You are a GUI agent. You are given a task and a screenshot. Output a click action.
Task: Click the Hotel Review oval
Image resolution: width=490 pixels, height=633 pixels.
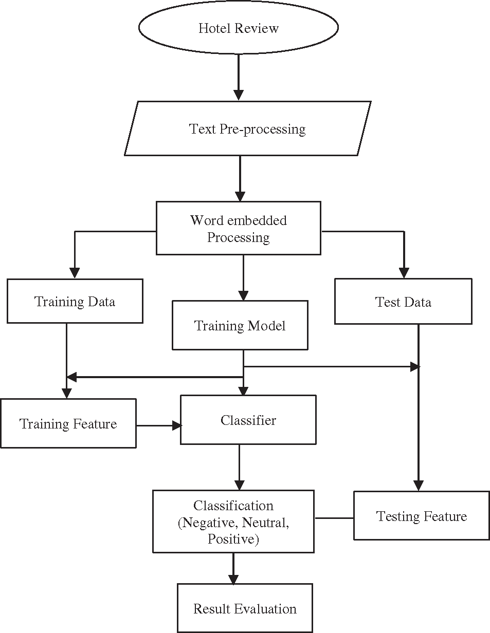coord(239,28)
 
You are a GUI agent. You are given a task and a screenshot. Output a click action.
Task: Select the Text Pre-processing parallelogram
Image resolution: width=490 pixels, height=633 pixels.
coord(247,128)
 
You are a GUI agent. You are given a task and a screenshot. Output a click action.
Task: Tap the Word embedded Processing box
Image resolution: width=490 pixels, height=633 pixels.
coord(239,229)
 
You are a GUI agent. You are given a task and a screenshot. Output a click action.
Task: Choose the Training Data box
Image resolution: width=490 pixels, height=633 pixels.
coord(75,301)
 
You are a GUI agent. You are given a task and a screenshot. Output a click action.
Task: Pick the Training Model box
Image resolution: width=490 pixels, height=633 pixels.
coord(240,326)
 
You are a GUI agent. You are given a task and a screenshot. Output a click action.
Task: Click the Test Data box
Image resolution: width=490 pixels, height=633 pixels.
coord(403,302)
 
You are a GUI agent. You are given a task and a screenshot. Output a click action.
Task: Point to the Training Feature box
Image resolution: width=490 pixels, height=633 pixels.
coord(68,424)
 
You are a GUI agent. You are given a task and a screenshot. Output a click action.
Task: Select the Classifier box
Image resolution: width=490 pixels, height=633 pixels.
coord(248,420)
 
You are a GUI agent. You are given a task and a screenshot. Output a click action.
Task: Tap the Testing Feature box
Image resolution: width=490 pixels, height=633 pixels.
coord(421,516)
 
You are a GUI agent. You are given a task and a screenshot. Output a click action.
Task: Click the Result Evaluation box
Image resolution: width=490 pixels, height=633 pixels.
coord(245,608)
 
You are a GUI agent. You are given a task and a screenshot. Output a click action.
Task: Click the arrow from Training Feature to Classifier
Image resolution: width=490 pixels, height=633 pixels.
coord(159,425)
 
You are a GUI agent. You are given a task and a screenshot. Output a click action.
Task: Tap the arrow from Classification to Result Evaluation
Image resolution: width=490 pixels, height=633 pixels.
coord(233,568)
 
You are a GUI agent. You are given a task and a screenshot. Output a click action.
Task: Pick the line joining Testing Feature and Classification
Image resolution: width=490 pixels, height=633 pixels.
coord(334,518)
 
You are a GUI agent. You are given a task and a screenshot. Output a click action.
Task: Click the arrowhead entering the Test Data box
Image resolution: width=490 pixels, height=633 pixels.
coord(404,273)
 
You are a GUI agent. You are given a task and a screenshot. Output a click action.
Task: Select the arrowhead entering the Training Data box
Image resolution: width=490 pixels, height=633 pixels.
coord(75,273)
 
